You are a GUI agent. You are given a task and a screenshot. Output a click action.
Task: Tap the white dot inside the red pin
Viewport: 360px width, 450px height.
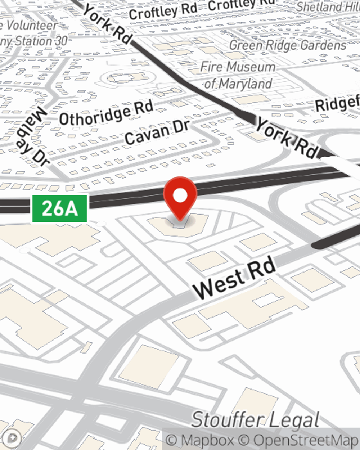180,195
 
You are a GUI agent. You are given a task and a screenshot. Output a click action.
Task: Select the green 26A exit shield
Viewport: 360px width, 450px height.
60,209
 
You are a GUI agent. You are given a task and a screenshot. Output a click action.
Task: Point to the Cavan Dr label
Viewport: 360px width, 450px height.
157,132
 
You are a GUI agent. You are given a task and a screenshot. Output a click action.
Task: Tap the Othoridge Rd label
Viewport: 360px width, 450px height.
107,113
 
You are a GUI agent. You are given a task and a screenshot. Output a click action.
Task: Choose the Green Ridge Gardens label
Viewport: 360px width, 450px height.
288,45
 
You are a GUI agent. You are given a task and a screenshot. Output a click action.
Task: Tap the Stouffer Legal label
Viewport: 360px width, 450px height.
255,420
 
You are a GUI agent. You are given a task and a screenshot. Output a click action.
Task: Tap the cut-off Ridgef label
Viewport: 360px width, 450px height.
337,104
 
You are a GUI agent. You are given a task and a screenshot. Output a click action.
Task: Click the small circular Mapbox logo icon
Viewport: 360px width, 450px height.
13,438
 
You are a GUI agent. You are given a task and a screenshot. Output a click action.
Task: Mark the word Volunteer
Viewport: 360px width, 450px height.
32,25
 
